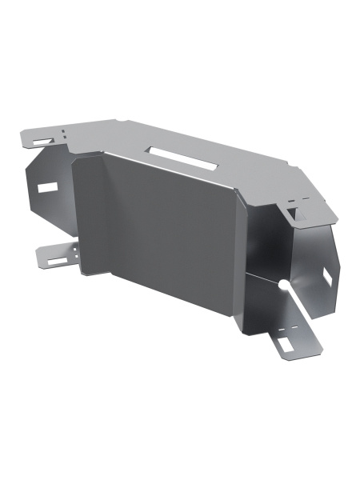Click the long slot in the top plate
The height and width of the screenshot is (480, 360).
pos(182,158)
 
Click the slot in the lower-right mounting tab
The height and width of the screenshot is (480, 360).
pos(286,344)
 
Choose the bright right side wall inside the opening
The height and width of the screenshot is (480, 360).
pos(316,256)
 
